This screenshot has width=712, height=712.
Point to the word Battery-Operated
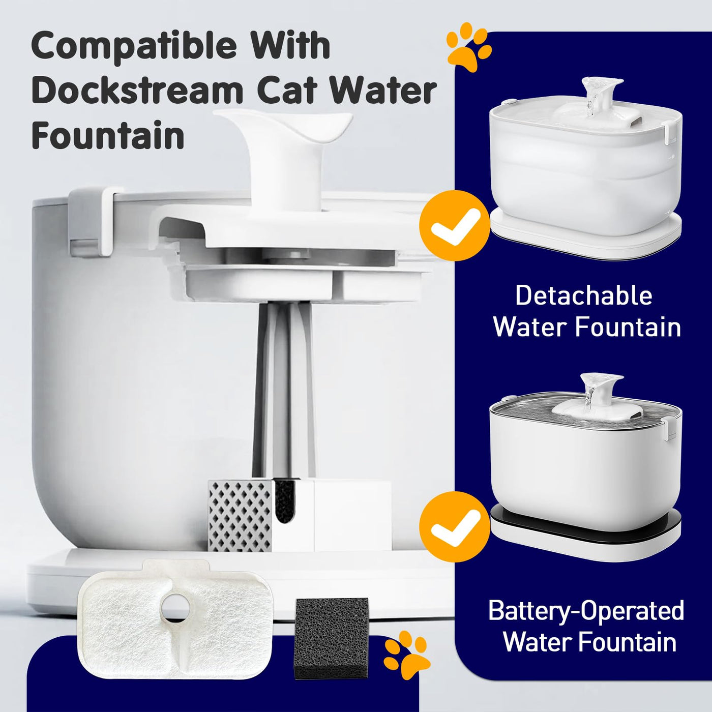[586, 610]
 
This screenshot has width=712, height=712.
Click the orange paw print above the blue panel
[469, 50]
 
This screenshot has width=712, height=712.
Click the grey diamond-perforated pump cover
[240, 516]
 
